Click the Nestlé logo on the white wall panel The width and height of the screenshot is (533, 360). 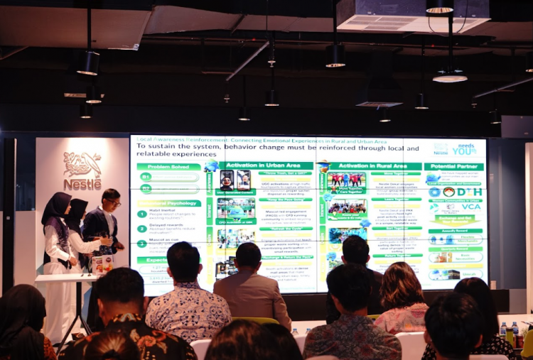pyautogui.click(x=82, y=170)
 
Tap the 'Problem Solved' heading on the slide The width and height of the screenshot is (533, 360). pyautogui.click(x=168, y=166)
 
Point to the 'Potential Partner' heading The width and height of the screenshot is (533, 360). pyautogui.click(x=454, y=167)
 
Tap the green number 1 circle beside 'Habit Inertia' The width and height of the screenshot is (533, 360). pyautogui.click(x=142, y=214)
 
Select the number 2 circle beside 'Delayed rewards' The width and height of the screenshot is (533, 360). pyautogui.click(x=142, y=229)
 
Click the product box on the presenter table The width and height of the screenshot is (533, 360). pyautogui.click(x=102, y=264)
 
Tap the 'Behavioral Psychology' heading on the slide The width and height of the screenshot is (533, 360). pyautogui.click(x=168, y=203)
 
